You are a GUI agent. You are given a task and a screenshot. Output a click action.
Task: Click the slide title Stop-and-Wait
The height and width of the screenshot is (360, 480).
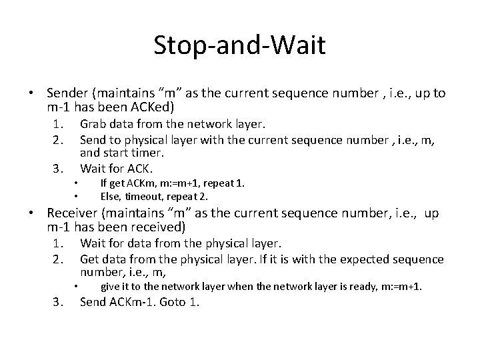(x=239, y=46)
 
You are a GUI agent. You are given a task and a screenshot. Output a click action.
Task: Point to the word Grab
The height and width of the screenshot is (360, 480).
(x=93, y=124)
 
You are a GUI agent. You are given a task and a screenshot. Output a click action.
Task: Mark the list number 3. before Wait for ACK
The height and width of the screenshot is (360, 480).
(x=59, y=167)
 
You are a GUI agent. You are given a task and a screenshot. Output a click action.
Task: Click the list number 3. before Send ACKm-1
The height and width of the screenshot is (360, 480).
(x=59, y=302)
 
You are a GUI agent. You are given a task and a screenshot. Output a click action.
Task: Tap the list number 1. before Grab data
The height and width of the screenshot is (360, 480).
(x=59, y=124)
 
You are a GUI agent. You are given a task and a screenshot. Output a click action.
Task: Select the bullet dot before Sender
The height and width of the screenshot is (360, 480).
(x=32, y=93)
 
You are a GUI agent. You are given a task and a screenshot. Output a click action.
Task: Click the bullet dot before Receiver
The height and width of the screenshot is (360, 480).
(x=32, y=213)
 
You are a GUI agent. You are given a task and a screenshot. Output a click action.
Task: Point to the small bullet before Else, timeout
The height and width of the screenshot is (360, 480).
(x=77, y=197)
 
